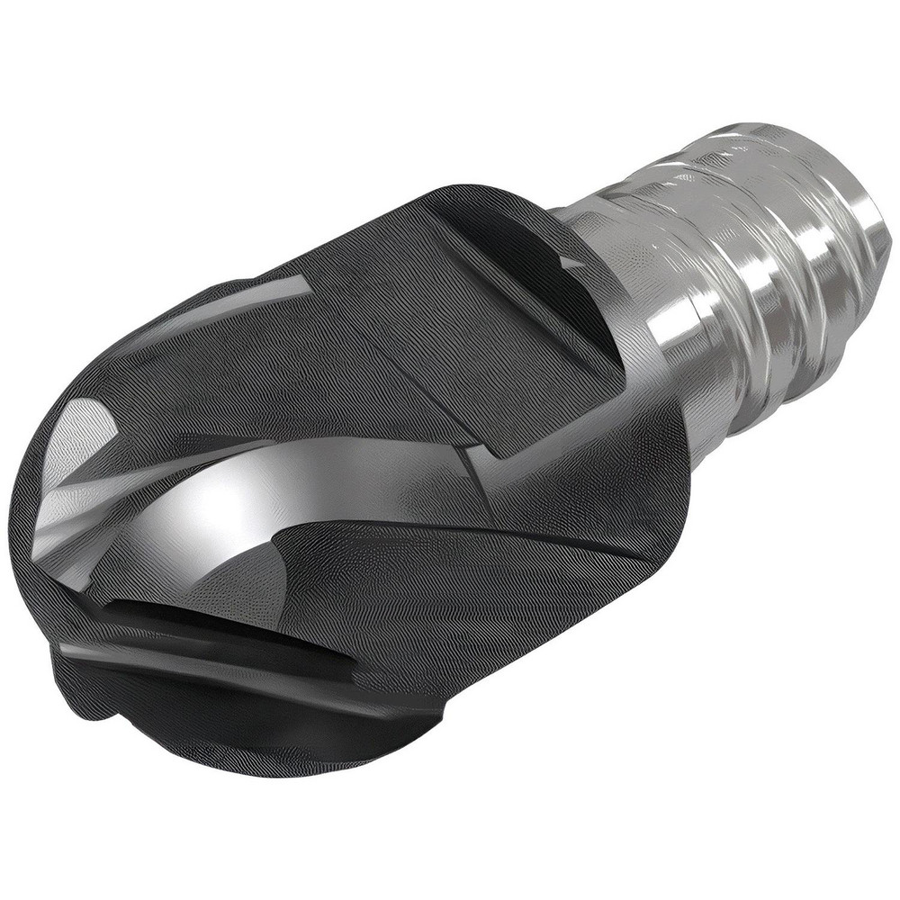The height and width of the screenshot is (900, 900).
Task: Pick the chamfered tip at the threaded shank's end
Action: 864,234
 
